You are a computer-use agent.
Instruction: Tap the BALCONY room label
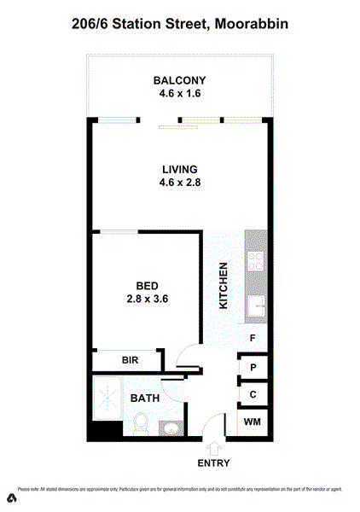tap(179, 80)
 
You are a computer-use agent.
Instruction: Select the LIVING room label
tap(179, 169)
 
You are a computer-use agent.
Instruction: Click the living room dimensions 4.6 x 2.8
tap(179, 182)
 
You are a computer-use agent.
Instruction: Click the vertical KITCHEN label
tap(224, 286)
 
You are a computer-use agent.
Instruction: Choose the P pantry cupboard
tap(253, 368)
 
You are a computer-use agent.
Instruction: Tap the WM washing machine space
tap(253, 422)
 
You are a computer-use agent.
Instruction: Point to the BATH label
tap(143, 399)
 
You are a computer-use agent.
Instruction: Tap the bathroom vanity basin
tap(171, 428)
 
